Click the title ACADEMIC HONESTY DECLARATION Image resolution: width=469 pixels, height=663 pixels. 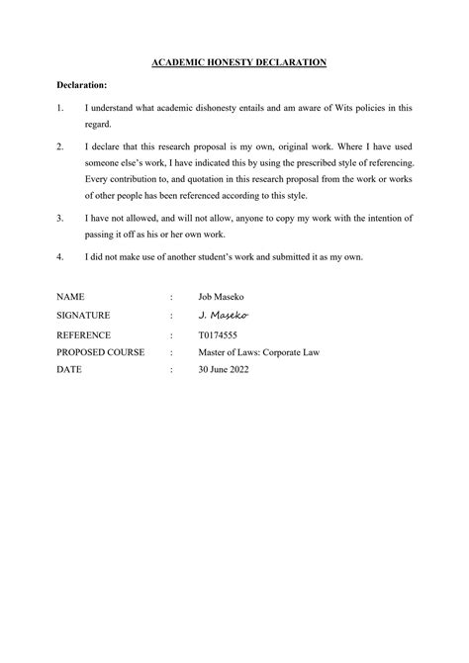click(x=238, y=62)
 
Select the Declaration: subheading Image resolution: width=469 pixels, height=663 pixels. click(x=83, y=86)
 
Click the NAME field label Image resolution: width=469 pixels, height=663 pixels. click(x=70, y=297)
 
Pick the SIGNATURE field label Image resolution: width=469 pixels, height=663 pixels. click(x=83, y=315)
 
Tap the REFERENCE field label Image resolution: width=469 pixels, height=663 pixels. click(x=83, y=334)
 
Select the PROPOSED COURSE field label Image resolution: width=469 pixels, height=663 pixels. click(x=100, y=351)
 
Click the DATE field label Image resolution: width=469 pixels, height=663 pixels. click(x=69, y=369)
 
